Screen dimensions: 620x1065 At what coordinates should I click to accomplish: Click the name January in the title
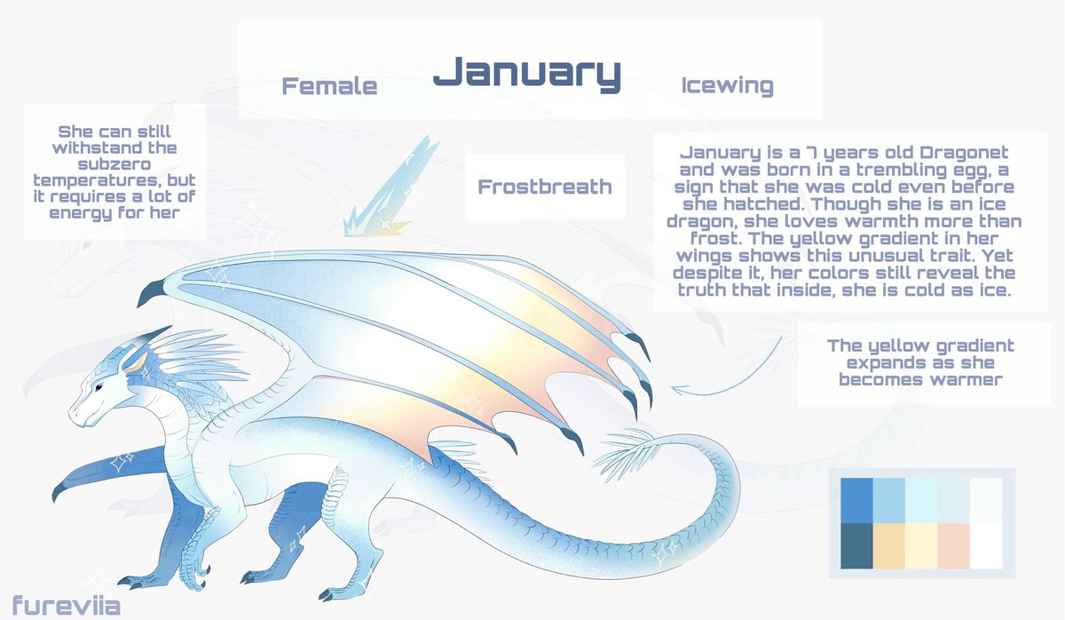pyautogui.click(x=526, y=74)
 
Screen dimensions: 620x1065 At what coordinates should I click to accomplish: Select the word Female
pyautogui.click(x=329, y=86)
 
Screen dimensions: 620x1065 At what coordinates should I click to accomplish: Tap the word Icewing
pyautogui.click(x=727, y=86)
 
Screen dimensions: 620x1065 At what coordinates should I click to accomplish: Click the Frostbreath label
pyautogui.click(x=545, y=187)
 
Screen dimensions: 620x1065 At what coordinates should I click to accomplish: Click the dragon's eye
pyautogui.click(x=99, y=386)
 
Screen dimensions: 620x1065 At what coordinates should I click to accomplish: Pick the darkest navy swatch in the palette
pyautogui.click(x=856, y=543)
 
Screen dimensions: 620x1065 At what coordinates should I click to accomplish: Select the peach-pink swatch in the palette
pyautogui.click(x=952, y=543)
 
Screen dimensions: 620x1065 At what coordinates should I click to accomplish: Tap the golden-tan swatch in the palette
pyautogui.click(x=888, y=543)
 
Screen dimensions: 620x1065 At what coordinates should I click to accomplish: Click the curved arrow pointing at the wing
pyautogui.click(x=719, y=373)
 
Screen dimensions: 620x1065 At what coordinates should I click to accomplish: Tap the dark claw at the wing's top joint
pyautogui.click(x=153, y=290)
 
